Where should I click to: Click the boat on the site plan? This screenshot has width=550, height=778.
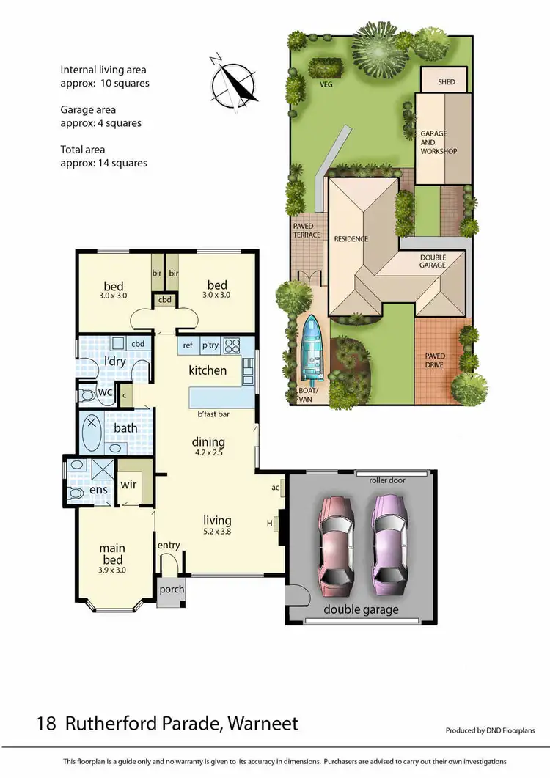point(314,351)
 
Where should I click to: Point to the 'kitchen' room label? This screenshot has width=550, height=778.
point(208,370)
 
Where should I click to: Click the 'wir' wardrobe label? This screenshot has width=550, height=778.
point(129,485)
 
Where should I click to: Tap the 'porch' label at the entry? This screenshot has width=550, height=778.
point(172,590)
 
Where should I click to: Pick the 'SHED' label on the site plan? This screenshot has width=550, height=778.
point(447,83)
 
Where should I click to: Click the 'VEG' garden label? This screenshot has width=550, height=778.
point(326,85)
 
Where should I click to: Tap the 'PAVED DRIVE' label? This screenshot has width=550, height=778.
point(436,362)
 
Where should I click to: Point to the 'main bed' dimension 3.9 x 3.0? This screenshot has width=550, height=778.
point(112,569)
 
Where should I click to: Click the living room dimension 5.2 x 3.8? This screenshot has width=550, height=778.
point(218,533)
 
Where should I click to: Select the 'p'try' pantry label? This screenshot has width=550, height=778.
point(210,344)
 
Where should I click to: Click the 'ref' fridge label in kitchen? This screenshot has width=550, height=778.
point(188,344)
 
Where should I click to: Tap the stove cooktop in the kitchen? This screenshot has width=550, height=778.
point(232,344)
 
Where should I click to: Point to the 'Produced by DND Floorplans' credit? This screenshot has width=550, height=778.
point(490,730)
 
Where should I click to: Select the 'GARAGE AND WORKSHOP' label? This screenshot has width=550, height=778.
point(438,142)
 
